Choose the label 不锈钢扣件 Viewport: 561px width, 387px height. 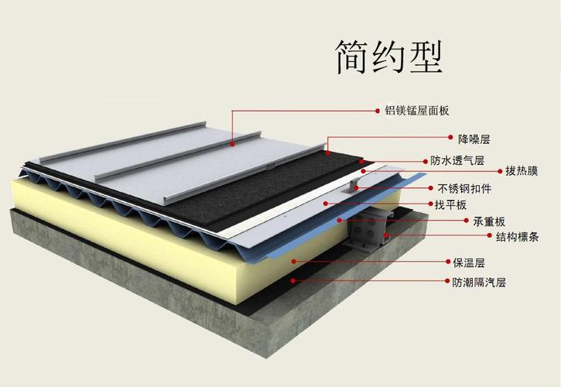(x=464, y=188)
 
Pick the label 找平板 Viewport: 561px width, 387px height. (x=450, y=205)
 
